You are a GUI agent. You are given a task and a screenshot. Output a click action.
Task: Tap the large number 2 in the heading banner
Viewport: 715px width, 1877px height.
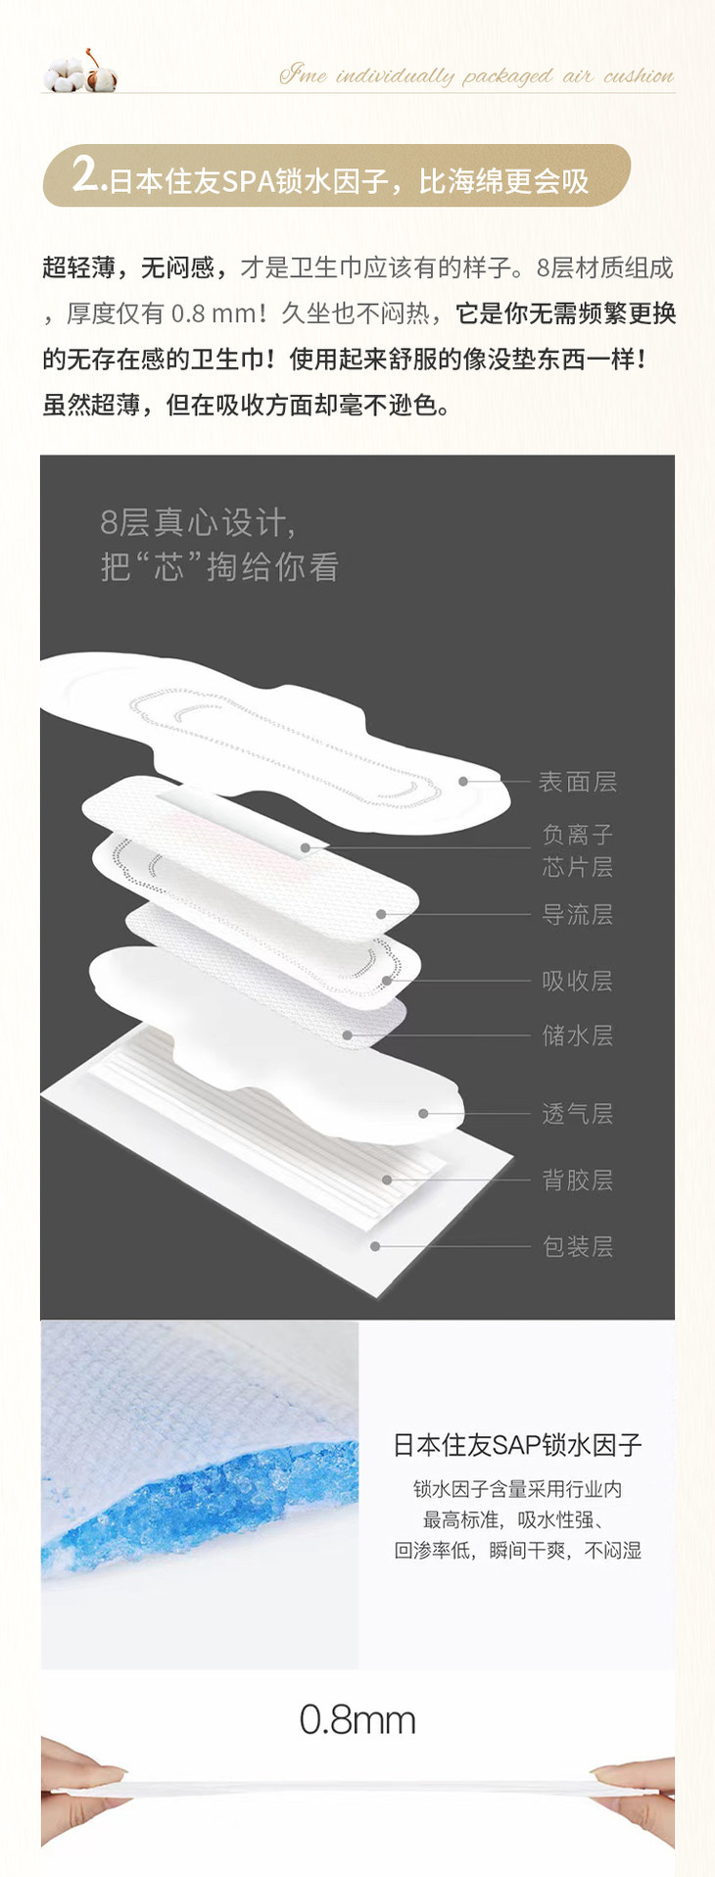tap(86, 175)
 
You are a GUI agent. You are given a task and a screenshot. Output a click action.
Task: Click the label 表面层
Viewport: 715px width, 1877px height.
tap(577, 782)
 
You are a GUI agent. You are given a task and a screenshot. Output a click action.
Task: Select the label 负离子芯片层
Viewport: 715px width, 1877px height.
tap(577, 850)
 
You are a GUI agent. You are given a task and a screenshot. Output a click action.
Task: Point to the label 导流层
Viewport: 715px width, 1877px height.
tap(577, 915)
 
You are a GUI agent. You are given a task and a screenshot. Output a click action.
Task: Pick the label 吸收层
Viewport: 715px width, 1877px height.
tap(577, 981)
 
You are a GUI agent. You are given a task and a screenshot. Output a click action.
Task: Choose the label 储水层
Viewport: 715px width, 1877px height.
tap(577, 1035)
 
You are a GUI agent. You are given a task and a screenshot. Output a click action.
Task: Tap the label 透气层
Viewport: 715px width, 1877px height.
tap(577, 1114)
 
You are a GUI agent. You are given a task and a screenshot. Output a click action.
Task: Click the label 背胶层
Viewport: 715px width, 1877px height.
tap(577, 1180)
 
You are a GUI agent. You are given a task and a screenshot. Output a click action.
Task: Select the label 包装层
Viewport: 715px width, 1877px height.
tap(577, 1246)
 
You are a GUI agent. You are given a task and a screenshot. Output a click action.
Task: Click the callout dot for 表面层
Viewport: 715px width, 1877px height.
tap(463, 782)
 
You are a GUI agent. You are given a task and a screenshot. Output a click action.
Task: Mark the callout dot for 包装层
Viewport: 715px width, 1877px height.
tap(374, 1246)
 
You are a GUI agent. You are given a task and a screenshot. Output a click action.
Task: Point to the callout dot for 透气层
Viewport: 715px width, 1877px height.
tap(423, 1114)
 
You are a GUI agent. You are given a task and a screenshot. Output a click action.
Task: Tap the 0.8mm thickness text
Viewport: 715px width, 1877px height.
tap(357, 1720)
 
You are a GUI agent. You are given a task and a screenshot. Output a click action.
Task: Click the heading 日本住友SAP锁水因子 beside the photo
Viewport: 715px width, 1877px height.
tap(517, 1444)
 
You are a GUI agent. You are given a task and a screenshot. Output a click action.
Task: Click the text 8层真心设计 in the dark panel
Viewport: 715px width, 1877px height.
tap(197, 523)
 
